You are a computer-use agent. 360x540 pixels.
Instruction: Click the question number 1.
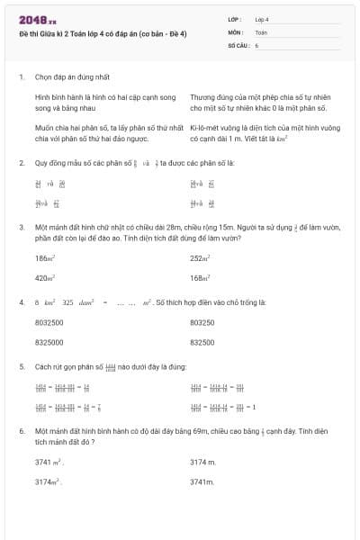coord(21,77)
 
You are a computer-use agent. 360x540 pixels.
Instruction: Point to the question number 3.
coord(21,228)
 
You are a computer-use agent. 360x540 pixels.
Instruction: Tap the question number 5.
coord(21,367)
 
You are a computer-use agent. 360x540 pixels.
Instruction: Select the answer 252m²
coord(200,257)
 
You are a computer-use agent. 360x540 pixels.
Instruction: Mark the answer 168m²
coord(200,278)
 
